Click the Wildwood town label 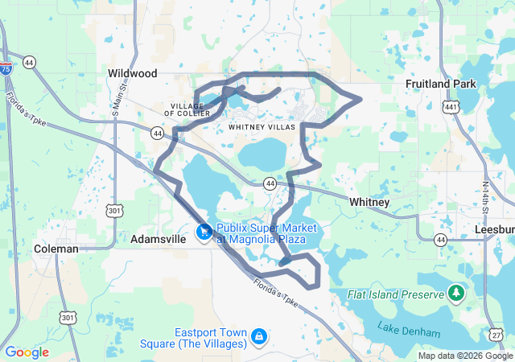tap(132, 73)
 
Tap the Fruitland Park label tap(441, 84)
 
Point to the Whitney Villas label tap(262, 127)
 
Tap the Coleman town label tap(56, 249)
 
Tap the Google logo tap(27, 352)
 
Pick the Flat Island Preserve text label tap(396, 295)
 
